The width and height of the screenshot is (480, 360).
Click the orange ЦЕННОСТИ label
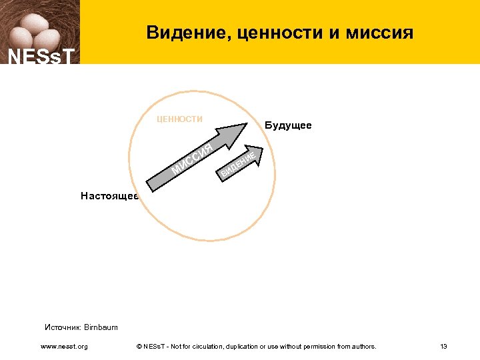180,119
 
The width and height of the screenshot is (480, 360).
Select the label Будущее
288,125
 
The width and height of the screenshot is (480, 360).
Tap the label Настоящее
109,196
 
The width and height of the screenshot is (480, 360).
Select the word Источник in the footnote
63,327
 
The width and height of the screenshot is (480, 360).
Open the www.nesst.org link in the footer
64,347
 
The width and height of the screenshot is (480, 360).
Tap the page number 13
443,347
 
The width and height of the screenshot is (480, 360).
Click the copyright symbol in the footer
138,347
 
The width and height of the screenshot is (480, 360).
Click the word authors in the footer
364,347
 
